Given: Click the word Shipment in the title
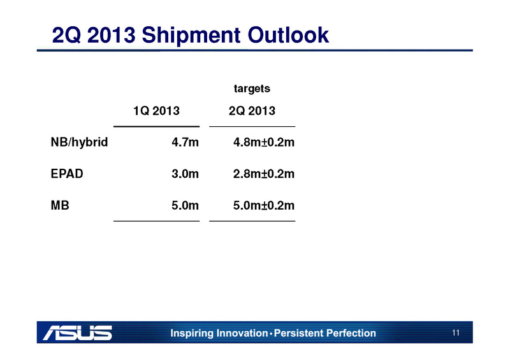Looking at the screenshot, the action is tap(191, 36).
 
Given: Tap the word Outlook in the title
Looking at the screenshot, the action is tap(288, 34).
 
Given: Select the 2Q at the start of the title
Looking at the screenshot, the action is tap(66, 35).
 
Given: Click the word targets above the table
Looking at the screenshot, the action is tap(252, 89).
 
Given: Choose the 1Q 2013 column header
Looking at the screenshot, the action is tap(156, 111).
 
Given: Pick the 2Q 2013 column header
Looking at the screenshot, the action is tap(252, 111).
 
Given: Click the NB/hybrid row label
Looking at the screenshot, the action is tap(79, 143).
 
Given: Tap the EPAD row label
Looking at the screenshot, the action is tap(67, 174).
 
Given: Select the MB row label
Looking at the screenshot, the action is tap(60, 205).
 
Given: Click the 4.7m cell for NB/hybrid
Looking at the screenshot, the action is tap(185, 142).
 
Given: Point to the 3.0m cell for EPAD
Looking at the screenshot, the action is tap(185, 174).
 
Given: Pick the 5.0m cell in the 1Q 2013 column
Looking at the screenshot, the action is tap(185, 205).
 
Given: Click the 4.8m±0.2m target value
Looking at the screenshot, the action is tap(264, 142).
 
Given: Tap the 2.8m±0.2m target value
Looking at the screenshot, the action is tap(264, 174).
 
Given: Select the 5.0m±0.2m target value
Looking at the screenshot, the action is tap(264, 205).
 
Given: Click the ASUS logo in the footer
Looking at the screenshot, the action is tap(77, 333).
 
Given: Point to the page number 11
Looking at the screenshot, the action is tap(456, 333).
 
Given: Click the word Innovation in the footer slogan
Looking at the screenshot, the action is tap(242, 333).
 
